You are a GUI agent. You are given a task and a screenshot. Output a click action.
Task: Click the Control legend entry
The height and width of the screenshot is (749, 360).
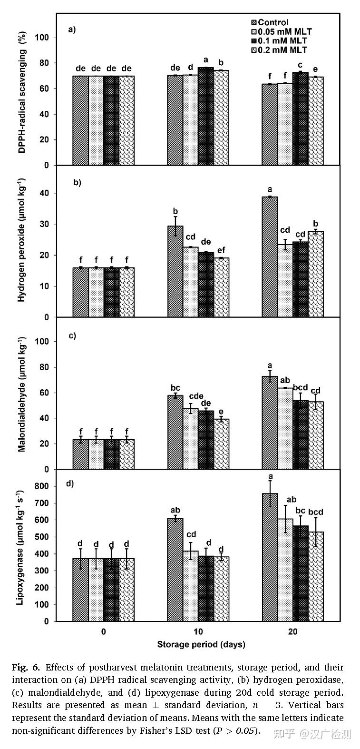pyautogui.click(x=273, y=22)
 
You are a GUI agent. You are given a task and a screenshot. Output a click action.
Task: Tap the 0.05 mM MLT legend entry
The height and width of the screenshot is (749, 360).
pyautogui.click(x=284, y=32)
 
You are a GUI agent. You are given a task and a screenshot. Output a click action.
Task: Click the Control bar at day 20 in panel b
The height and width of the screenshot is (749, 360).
pyautogui.click(x=270, y=256)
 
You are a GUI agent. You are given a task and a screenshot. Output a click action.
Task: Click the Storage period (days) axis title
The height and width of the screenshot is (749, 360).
pyautogui.click(x=201, y=645)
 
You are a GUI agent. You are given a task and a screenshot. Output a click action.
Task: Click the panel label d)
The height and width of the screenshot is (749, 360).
pyautogui.click(x=69, y=483)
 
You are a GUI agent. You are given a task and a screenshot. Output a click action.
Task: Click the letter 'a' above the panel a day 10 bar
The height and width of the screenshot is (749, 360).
pyautogui.click(x=206, y=59)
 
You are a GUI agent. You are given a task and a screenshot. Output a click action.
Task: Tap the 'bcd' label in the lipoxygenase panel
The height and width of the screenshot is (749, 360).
pyautogui.click(x=315, y=512)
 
